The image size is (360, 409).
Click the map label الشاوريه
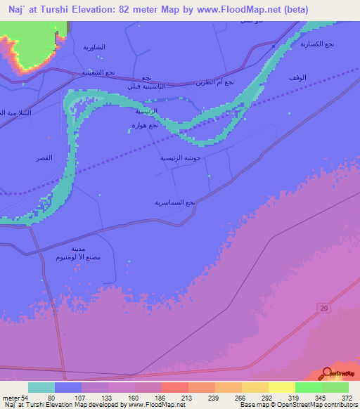(x=94, y=47)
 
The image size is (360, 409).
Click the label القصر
(x=44, y=159)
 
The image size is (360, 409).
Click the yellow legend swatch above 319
(x=282, y=387)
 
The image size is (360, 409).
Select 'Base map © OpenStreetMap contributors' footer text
(x=296, y=405)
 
